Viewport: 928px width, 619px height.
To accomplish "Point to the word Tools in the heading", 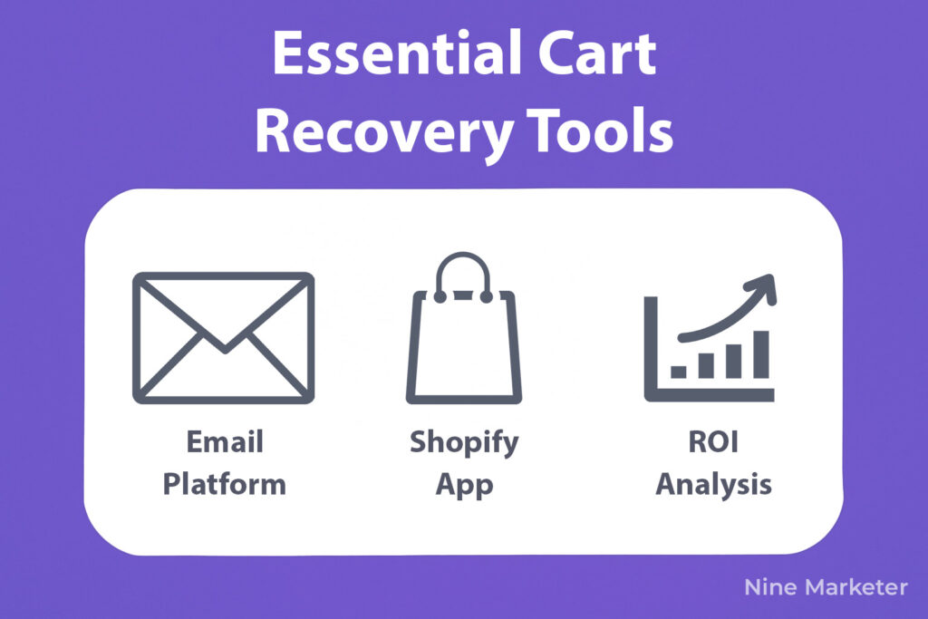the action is (600, 130).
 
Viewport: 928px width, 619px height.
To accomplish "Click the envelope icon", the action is (223, 338).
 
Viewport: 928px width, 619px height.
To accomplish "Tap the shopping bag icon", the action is (463, 328).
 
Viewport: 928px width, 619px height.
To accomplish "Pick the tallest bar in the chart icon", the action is (761, 354).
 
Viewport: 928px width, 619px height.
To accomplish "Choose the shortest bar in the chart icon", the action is (678, 372).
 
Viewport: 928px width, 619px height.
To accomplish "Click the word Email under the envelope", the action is (225, 441).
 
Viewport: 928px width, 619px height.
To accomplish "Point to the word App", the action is (465, 486).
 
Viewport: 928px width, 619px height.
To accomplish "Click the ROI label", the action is (713, 441).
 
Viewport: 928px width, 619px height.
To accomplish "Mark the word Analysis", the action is (714, 485).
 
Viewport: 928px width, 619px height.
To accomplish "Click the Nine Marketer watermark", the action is (826, 587).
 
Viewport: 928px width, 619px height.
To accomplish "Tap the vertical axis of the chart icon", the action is (651, 349).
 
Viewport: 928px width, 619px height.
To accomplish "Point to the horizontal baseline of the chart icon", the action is (709, 395).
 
